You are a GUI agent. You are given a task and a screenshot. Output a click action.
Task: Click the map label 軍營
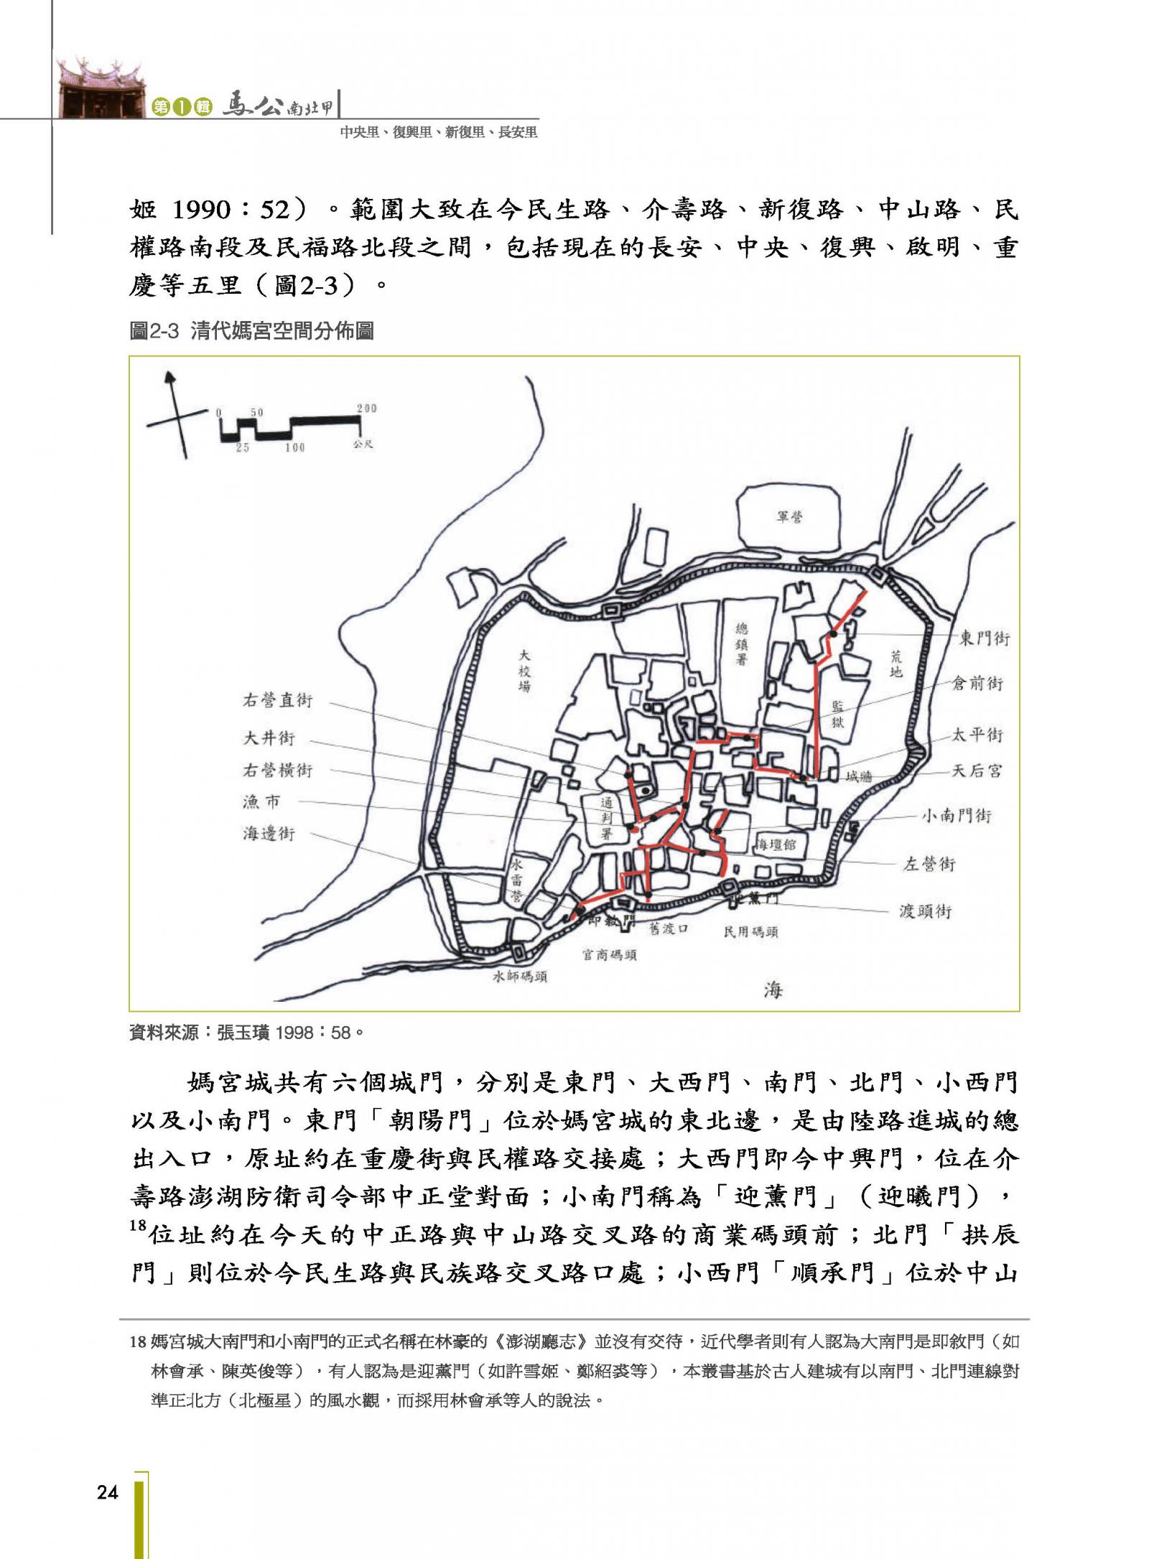coord(789,516)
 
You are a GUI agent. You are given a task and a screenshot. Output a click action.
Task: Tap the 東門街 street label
coord(984,638)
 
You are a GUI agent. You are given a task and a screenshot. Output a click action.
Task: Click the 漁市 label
coord(261,802)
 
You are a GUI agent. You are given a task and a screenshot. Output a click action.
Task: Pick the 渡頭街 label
coord(926,911)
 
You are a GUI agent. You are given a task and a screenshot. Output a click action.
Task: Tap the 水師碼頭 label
coord(519,977)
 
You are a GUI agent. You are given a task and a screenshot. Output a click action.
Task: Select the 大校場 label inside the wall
coord(525,671)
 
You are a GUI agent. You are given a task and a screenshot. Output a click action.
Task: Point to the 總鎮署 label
coord(741,644)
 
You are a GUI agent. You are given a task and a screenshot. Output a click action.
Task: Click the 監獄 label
coord(837,714)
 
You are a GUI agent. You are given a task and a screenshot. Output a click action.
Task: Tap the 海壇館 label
coord(775,844)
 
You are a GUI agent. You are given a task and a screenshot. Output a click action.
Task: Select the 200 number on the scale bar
coord(366,409)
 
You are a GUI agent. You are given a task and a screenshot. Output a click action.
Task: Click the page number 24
coord(107,1492)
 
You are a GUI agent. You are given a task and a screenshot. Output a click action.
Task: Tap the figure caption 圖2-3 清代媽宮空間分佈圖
coord(251,331)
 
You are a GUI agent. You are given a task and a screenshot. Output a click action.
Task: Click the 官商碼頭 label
coord(609,955)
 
